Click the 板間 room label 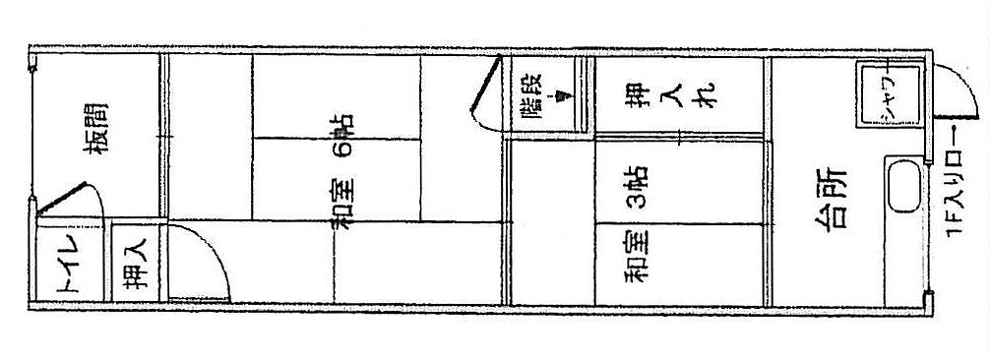96,128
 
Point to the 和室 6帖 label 342,170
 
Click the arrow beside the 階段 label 561,94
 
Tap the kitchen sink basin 903,186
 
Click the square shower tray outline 890,94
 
